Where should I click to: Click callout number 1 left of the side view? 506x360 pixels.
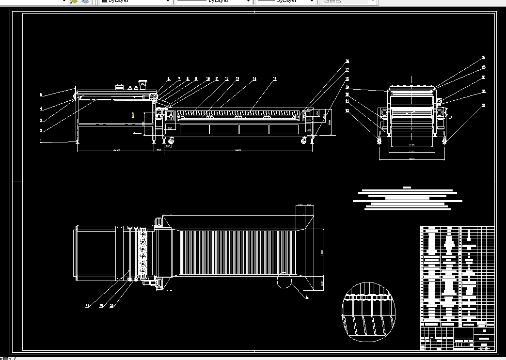(41, 141)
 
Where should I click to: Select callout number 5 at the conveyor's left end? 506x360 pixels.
(41, 94)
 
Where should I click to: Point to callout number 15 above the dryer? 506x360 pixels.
(275, 78)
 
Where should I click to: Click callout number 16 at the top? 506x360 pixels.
(347, 62)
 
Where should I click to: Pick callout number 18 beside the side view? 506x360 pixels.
(347, 78)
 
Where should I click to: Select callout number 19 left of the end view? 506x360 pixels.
(347, 87)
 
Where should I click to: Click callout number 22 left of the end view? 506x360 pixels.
(347, 110)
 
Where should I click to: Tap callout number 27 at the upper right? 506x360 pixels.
(483, 58)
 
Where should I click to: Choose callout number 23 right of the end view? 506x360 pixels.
(483, 105)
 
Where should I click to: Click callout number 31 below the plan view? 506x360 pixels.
(87, 306)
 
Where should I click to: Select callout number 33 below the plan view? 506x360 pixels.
(112, 306)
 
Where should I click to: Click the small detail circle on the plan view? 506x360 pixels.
(284, 281)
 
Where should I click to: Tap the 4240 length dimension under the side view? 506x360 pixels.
(237, 150)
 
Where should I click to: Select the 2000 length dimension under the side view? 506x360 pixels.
(116, 150)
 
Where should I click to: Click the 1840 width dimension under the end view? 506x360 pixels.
(411, 159)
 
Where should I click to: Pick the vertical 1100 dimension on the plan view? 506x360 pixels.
(322, 252)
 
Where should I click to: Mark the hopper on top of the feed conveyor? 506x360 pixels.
(142, 84)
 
